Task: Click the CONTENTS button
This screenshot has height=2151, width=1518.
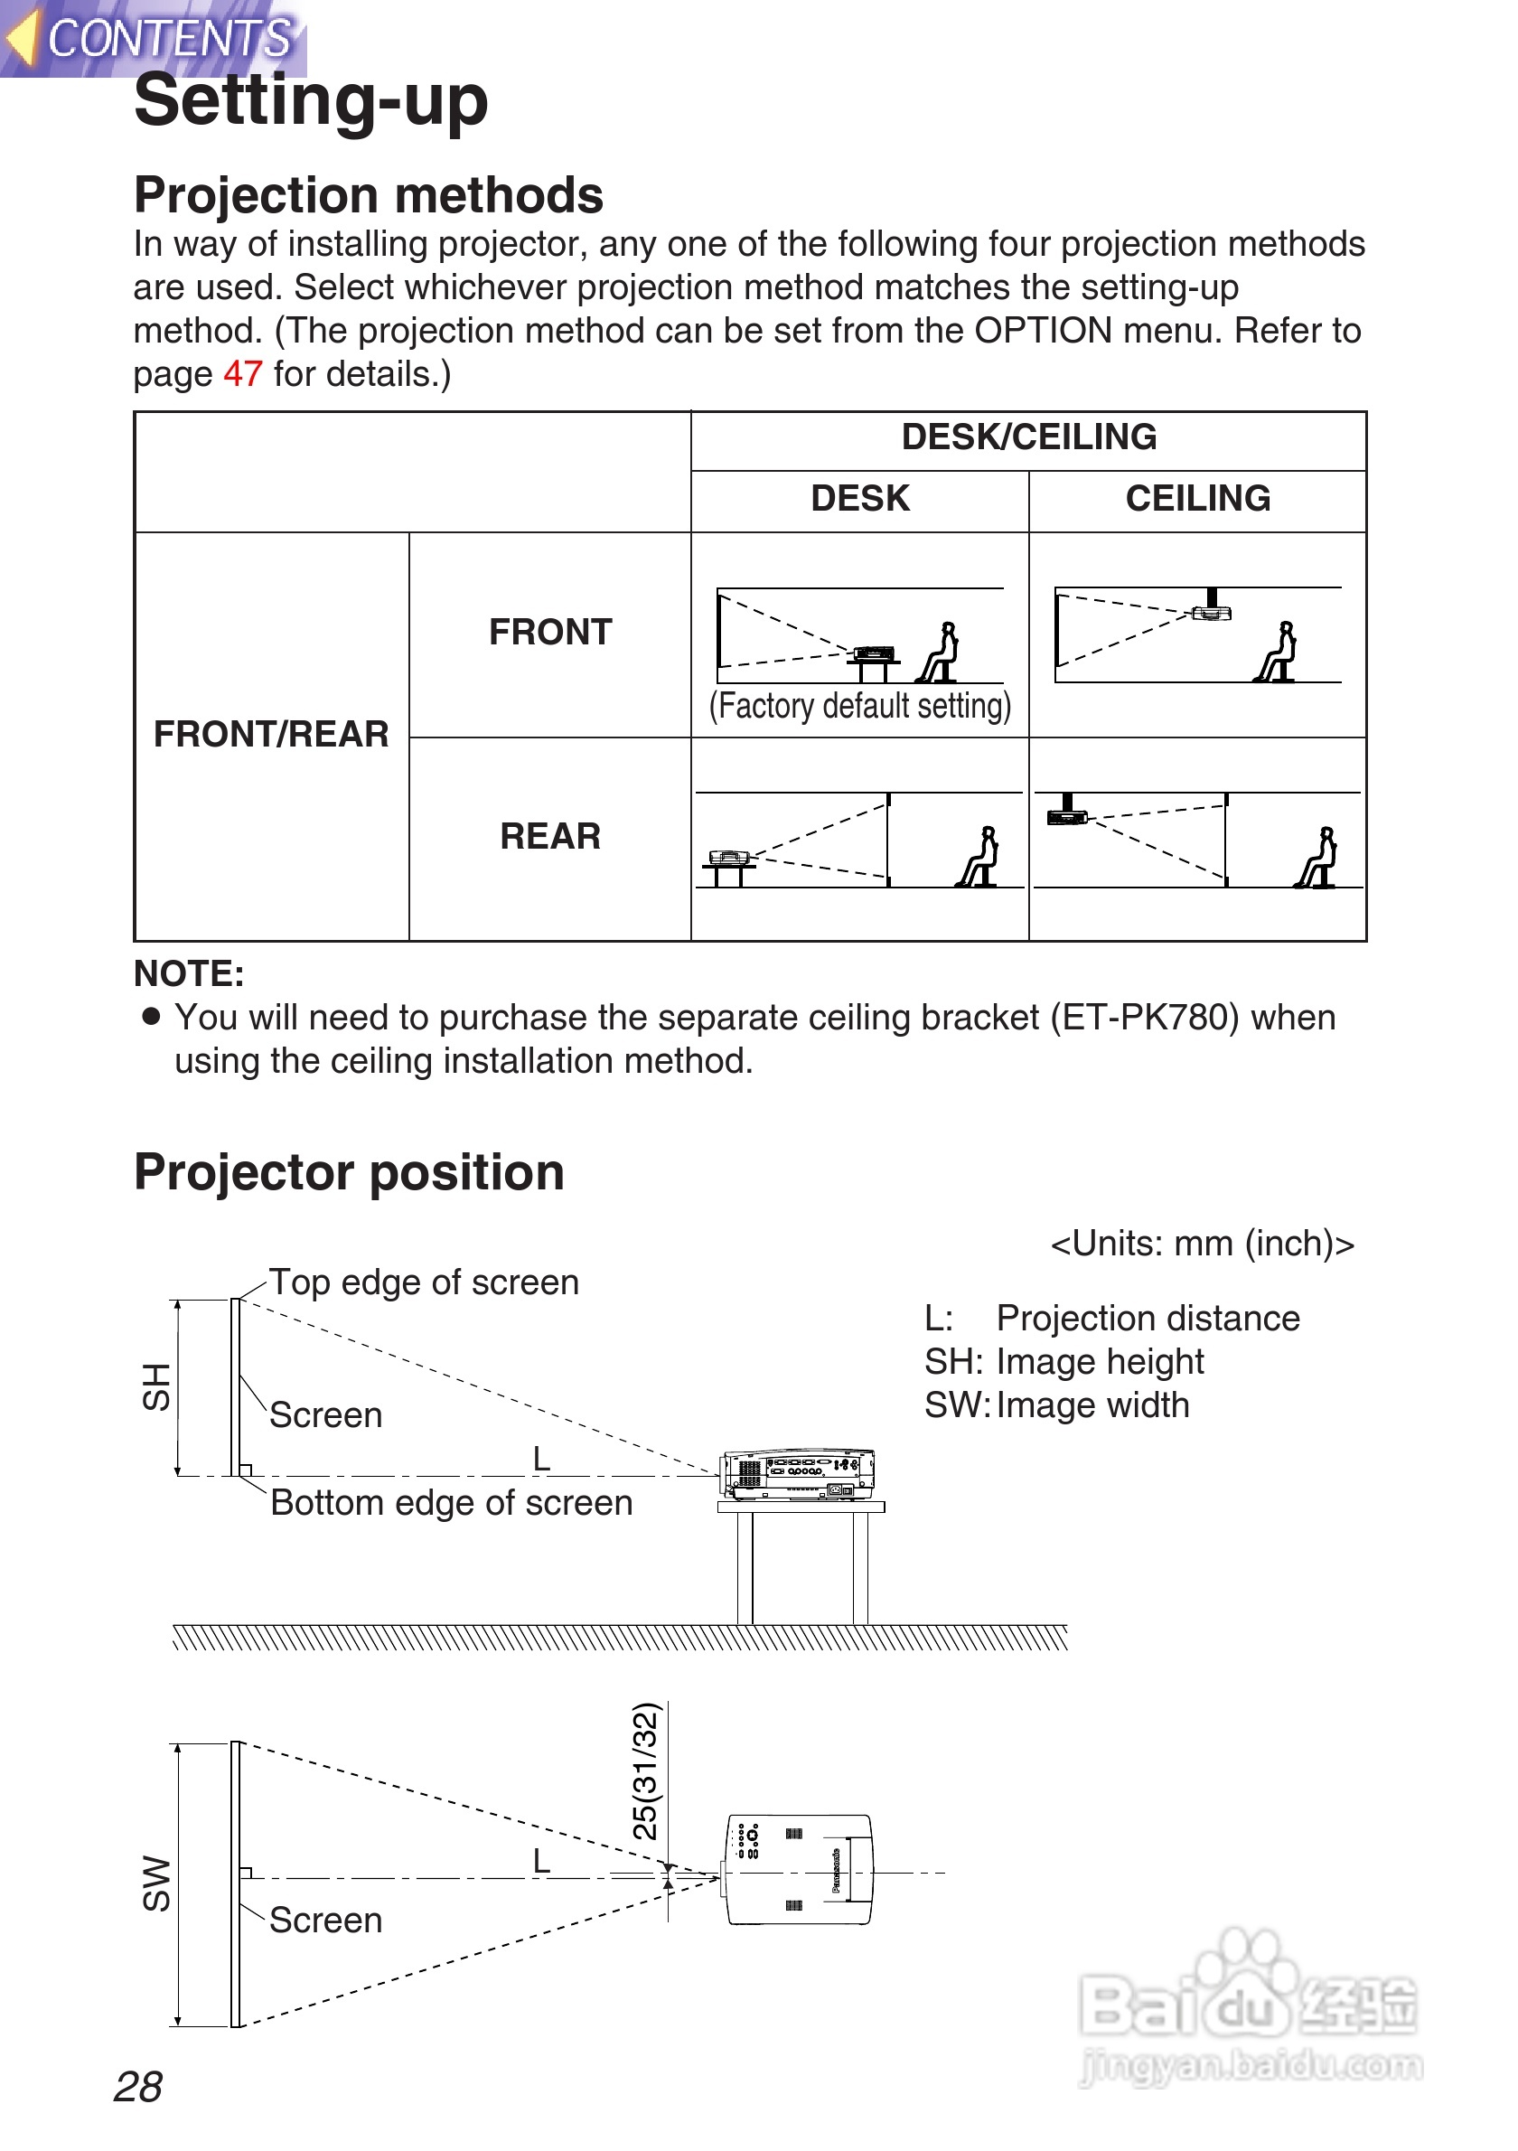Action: coord(155,38)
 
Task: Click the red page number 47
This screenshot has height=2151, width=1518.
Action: coord(242,374)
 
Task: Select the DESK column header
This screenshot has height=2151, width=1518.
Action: coord(859,498)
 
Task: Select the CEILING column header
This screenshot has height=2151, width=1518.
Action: coord(1197,498)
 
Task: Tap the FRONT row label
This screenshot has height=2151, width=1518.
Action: coord(549,633)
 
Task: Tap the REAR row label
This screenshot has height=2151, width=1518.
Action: coord(549,837)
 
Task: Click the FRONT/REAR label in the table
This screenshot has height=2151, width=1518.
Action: coord(271,735)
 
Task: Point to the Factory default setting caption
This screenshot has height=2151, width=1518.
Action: coord(859,707)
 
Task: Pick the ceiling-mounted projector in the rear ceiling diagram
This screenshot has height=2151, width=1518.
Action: coord(1067,812)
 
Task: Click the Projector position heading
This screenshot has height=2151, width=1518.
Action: coord(350,1173)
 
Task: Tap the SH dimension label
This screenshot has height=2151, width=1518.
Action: coord(156,1386)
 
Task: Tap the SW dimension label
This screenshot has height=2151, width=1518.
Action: coord(156,1883)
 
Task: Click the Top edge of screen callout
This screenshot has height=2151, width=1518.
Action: coord(423,1282)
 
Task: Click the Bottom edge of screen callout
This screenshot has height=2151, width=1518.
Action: coord(452,1504)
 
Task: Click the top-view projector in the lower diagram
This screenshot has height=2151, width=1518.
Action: coord(799,1870)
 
